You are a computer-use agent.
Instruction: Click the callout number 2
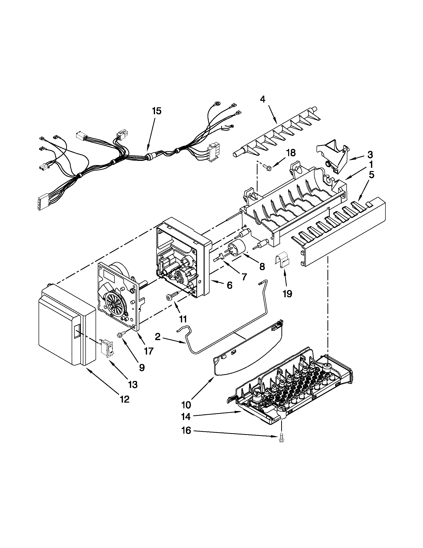[158, 337]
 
